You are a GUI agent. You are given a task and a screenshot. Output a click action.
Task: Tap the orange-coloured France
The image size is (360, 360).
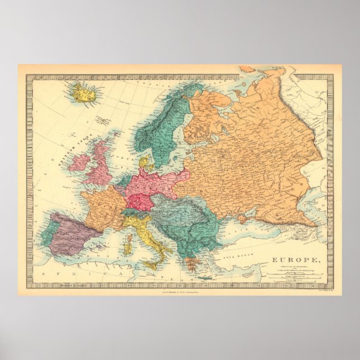(103, 207)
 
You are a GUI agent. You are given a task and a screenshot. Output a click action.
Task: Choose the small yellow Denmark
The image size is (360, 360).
(146, 164)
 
